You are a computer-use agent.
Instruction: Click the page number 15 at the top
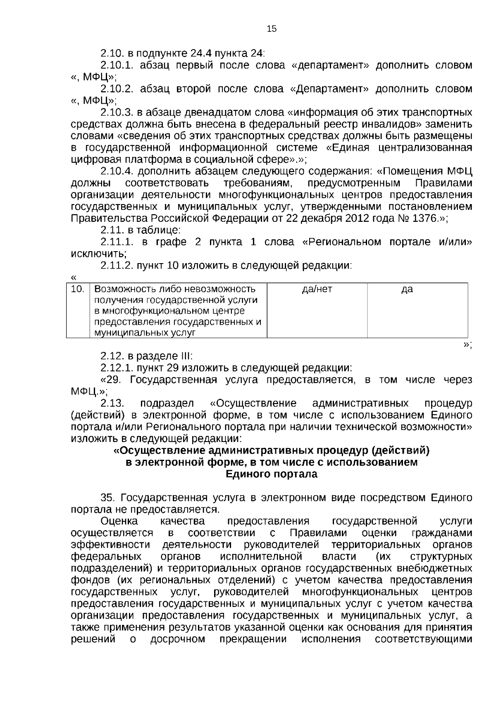pyautogui.click(x=272, y=29)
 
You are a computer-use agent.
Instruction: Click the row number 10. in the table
pyautogui.click(x=77, y=289)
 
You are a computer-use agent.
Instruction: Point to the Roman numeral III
pyautogui.click(x=184, y=356)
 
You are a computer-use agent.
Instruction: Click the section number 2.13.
pyautogui.click(x=113, y=403)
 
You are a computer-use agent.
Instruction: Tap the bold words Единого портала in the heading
pyautogui.click(x=271, y=474)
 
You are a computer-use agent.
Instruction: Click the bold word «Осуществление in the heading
pyautogui.click(x=158, y=450)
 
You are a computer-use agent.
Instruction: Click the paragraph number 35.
pyautogui.click(x=109, y=498)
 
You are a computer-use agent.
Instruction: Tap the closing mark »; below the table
pyautogui.click(x=467, y=345)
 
